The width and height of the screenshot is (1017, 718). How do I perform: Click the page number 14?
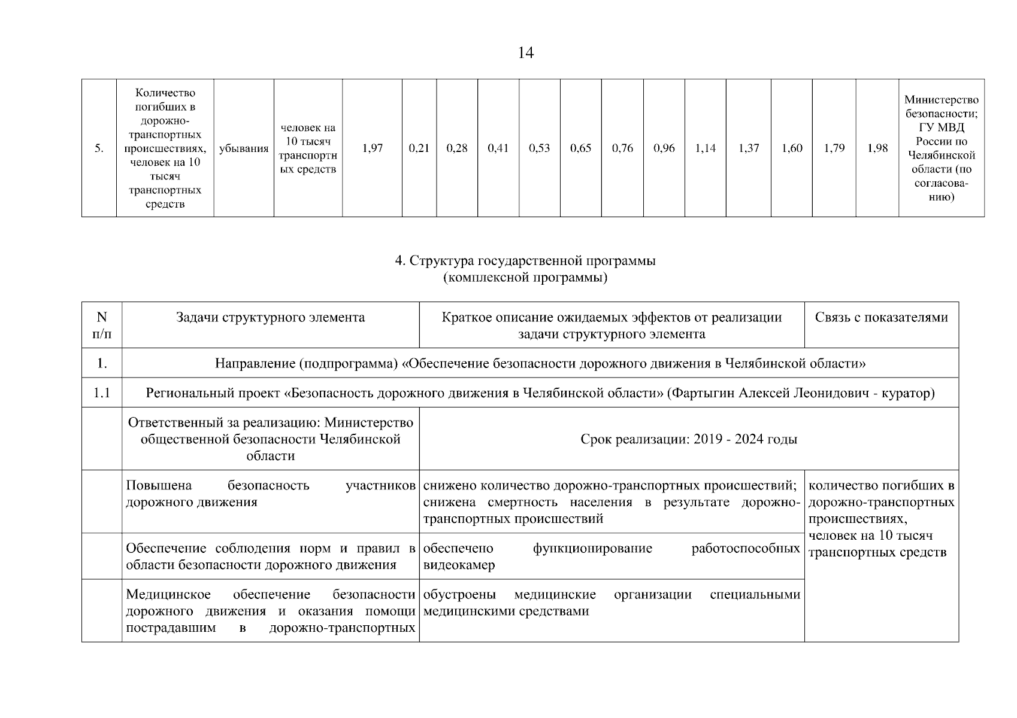(x=525, y=53)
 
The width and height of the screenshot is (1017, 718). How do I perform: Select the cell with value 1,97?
(x=372, y=148)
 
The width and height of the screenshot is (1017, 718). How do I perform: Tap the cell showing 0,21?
(x=419, y=148)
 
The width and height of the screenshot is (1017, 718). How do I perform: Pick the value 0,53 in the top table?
(x=539, y=148)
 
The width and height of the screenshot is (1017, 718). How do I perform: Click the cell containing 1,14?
(x=705, y=148)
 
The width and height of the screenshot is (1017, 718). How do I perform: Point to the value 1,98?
(x=877, y=148)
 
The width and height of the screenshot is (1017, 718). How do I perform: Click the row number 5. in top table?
(x=99, y=148)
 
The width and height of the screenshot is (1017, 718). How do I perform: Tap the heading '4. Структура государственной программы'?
(x=525, y=261)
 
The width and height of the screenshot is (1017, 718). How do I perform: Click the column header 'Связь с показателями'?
(x=881, y=318)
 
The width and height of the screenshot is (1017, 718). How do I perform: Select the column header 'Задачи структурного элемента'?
(x=270, y=318)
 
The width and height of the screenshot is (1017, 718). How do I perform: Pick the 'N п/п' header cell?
(x=102, y=325)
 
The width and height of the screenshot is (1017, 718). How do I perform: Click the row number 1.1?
(x=102, y=394)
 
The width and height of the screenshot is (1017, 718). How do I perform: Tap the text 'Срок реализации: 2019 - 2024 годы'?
(x=689, y=440)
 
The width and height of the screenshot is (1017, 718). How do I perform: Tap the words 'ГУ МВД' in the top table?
(x=941, y=127)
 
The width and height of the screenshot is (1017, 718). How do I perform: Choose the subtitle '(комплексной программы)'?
(x=525, y=278)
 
